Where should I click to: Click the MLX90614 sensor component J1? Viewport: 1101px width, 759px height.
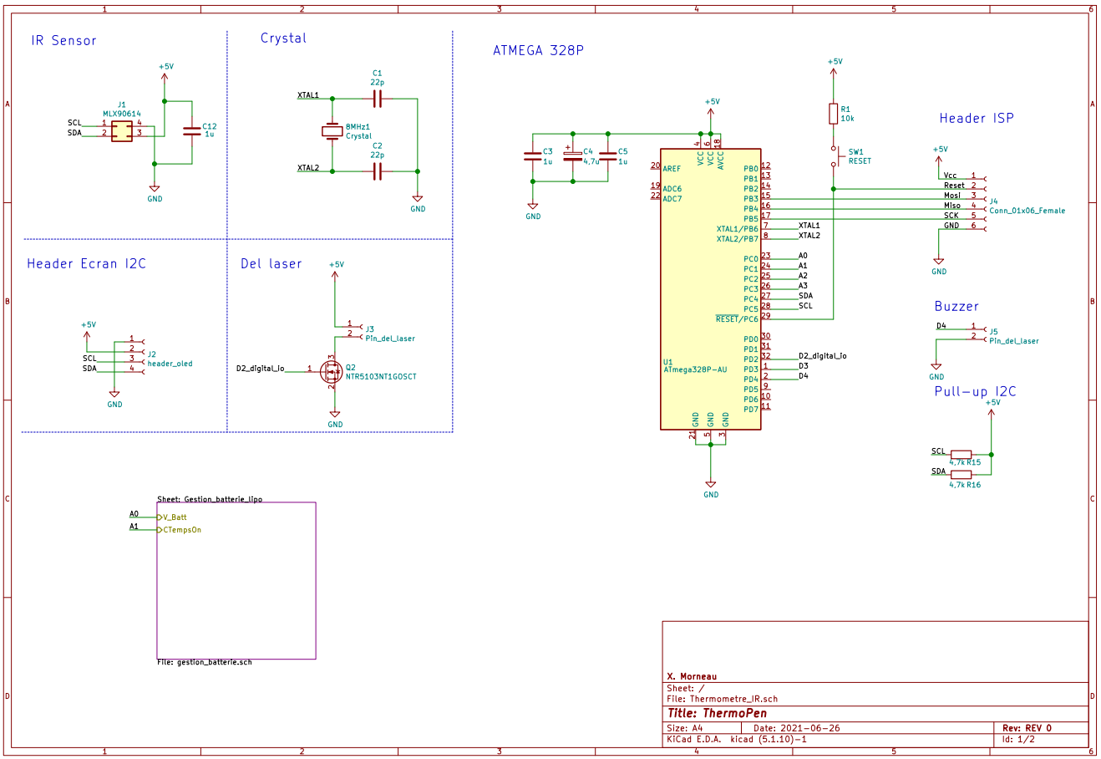[122, 131]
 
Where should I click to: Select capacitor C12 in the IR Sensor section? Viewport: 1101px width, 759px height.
[192, 131]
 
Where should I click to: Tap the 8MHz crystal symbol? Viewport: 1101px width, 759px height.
[333, 131]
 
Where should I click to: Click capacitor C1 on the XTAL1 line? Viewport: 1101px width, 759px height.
[378, 99]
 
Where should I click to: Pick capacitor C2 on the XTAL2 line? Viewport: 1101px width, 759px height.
[378, 171]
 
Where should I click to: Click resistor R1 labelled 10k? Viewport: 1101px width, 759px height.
[833, 114]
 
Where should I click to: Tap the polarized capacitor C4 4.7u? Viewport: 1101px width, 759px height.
[572, 155]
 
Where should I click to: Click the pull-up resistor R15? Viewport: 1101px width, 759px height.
[961, 455]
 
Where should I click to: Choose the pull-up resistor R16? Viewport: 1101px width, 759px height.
[961, 475]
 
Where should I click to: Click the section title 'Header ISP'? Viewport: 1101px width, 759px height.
[976, 119]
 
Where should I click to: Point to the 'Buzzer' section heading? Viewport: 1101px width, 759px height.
[956, 307]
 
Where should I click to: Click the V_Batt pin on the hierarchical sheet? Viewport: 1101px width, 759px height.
[175, 517]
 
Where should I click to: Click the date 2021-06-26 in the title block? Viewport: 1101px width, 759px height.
[809, 728]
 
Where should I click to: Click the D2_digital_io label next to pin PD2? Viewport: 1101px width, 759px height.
[822, 356]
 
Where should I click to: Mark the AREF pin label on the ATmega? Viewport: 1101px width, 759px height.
[672, 169]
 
